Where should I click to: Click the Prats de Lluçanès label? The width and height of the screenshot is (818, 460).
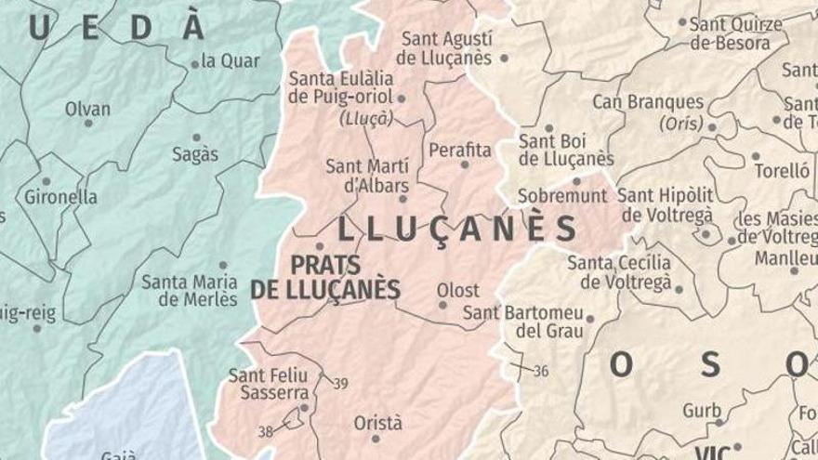click(325, 276)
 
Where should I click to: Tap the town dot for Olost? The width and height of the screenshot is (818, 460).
click(442, 305)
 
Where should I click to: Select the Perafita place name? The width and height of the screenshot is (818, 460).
click(460, 149)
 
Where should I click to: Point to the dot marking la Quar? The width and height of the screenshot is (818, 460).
click(195, 64)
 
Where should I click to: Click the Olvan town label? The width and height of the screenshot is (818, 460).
click(87, 109)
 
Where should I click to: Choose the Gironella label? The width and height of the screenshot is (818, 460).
click(61, 197)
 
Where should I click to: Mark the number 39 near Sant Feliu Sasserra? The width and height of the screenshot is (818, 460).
click(340, 383)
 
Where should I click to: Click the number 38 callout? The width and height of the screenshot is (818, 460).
click(266, 431)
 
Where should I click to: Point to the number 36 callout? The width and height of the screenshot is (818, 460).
click(541, 370)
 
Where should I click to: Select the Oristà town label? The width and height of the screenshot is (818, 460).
click(378, 423)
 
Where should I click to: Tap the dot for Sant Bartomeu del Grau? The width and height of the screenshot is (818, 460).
click(589, 319)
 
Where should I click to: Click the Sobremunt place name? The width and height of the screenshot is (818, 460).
click(561, 196)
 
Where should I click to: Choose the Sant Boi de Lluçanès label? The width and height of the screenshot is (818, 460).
click(565, 150)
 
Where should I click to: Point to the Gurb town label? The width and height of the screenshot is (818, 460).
click(702, 409)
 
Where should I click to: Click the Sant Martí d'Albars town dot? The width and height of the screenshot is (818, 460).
click(402, 198)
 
